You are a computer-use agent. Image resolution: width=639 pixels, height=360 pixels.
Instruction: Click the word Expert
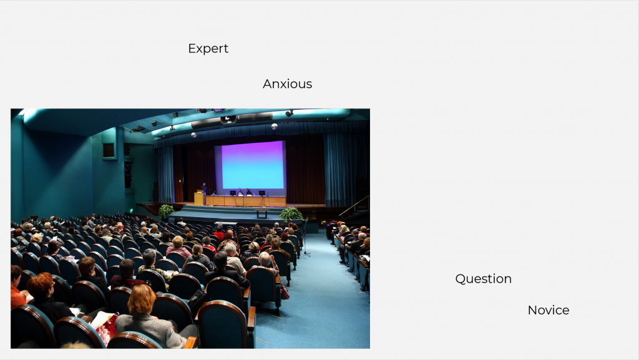(208, 49)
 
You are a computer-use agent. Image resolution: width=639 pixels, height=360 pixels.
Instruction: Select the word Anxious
(287, 84)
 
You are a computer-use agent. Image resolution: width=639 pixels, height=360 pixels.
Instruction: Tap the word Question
(484, 278)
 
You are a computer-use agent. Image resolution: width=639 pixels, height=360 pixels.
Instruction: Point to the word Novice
(549, 310)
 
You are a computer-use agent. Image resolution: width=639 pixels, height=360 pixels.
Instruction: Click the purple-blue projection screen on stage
(252, 165)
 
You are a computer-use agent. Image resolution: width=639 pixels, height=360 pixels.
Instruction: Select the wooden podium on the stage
(199, 199)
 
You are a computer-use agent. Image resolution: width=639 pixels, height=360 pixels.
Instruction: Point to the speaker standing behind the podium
(204, 188)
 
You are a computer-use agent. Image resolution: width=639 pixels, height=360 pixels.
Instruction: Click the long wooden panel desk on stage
(246, 201)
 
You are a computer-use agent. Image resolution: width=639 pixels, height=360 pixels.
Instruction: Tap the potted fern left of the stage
(166, 212)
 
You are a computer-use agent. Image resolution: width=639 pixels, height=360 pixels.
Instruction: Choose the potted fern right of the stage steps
(291, 214)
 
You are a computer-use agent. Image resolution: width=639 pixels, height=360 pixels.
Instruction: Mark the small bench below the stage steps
(261, 213)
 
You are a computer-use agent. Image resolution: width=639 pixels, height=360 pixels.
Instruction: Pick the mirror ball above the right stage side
(275, 126)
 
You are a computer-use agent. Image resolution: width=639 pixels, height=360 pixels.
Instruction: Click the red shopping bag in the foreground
(107, 329)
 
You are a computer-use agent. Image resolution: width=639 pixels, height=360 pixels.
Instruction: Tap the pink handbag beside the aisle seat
(285, 292)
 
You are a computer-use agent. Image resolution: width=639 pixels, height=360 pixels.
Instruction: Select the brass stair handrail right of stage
(354, 206)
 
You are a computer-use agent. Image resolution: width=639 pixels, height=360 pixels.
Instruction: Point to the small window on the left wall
(109, 151)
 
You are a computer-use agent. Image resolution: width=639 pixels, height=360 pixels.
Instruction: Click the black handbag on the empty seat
(198, 301)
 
